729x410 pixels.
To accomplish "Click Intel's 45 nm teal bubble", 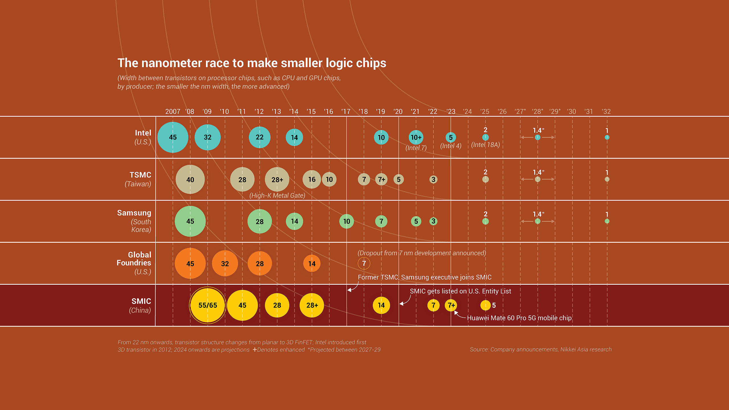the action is (173, 137).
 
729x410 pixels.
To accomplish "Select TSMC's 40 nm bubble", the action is (190, 179).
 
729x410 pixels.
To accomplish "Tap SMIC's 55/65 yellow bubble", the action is (208, 305).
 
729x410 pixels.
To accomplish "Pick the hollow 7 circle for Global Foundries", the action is (364, 263).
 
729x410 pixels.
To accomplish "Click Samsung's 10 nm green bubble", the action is (347, 221).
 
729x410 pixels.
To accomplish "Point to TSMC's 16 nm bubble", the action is (312, 179).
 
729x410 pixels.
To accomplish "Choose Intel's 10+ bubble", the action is (416, 137).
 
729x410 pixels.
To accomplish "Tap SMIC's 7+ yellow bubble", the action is (451, 305).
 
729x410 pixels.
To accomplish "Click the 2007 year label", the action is (173, 111).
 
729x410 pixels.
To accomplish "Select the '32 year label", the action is (606, 111).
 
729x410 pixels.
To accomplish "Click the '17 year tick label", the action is (346, 111).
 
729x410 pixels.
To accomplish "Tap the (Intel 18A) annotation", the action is (486, 145).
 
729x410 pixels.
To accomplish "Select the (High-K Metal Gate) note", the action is (277, 195).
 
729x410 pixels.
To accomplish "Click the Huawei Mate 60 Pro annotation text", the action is (519, 318).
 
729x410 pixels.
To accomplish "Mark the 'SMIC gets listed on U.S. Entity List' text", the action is (460, 291).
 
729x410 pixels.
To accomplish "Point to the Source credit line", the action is (541, 349).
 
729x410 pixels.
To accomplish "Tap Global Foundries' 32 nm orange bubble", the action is (225, 263).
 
